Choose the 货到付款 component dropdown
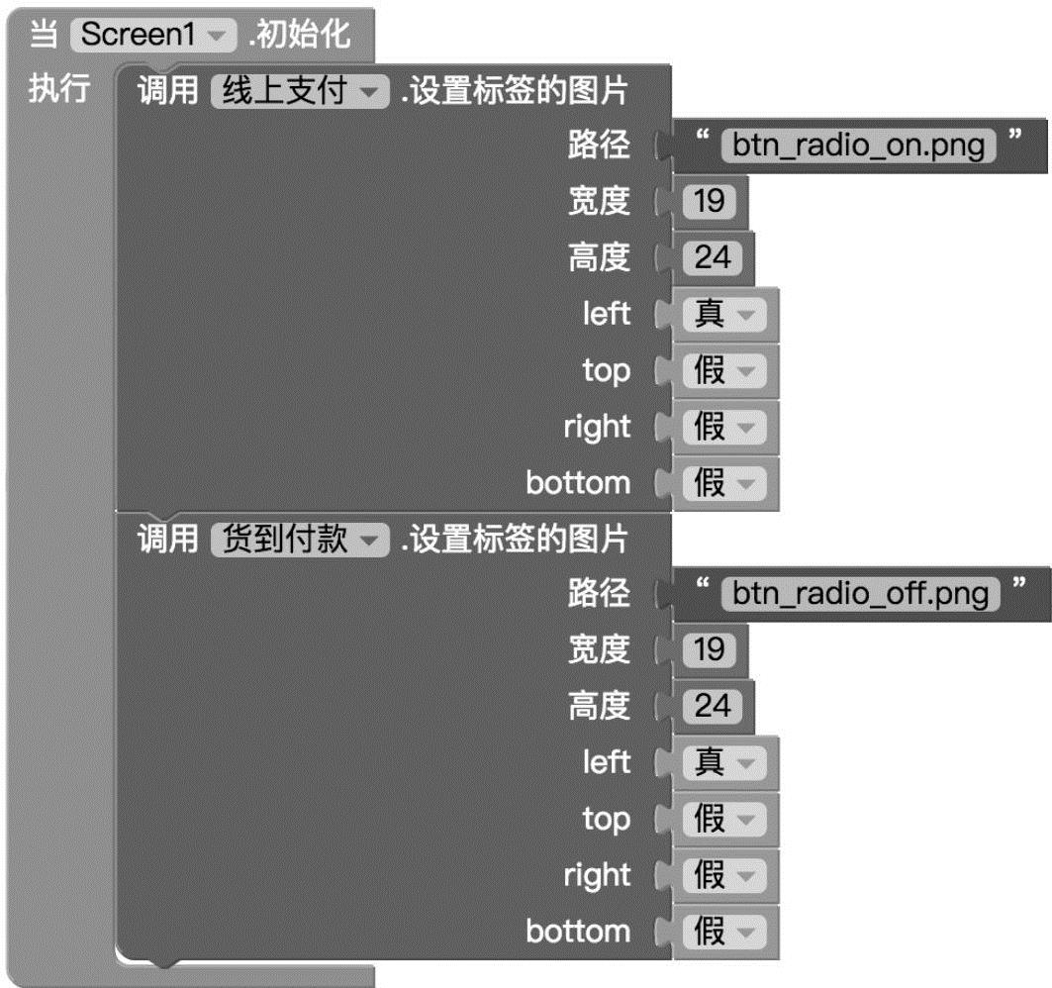point(296,541)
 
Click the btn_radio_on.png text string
point(858,147)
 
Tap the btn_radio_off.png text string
point(860,594)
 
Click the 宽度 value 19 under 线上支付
point(709,202)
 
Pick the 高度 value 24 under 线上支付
point(712,258)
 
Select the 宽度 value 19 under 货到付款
point(709,650)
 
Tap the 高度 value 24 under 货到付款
point(712,706)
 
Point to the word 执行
point(58,90)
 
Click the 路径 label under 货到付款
point(599,594)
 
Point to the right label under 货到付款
point(597,875)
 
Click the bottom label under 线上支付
point(578,484)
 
